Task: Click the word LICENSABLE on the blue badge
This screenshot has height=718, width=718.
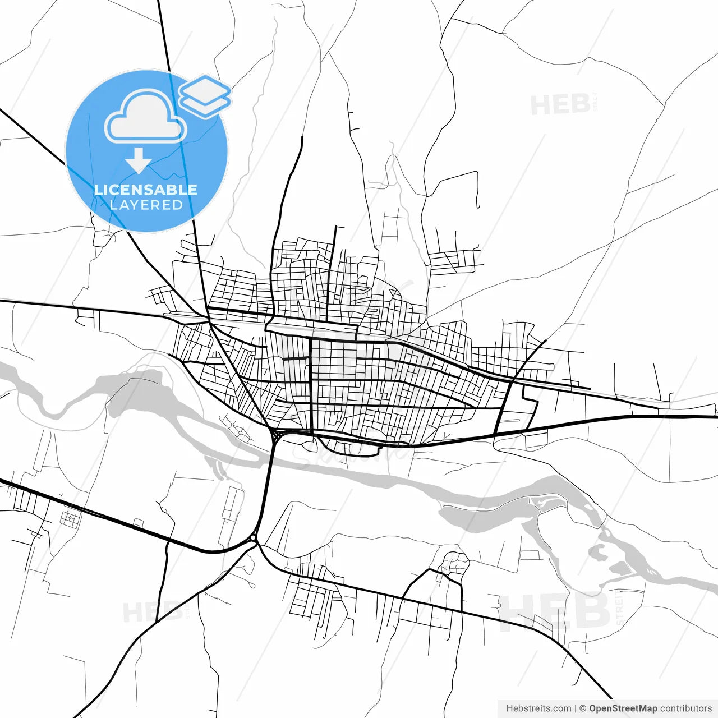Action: pos(146,190)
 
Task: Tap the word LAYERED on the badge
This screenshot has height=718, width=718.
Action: pos(146,205)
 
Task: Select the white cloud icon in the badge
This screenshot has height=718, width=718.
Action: pos(146,117)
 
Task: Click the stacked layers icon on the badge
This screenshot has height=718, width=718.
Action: pos(205,96)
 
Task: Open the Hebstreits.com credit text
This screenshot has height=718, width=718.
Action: pos(538,708)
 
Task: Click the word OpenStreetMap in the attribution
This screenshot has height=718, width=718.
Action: pos(623,708)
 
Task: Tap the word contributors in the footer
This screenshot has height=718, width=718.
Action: pos(685,708)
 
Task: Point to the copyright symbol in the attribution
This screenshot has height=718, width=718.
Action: pos(583,708)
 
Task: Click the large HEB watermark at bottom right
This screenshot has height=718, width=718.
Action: pos(555,611)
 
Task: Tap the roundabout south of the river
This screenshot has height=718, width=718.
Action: pos(254,539)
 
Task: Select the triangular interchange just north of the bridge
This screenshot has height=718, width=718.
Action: pos(275,435)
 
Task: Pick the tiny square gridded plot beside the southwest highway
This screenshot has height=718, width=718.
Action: pos(70,519)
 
